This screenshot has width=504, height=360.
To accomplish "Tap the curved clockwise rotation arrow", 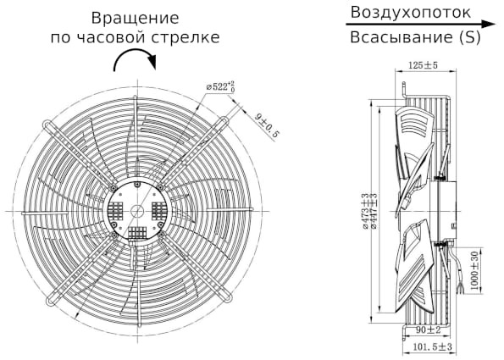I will pos(136,61).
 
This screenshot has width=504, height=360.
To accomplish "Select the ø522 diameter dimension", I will pos(226,85).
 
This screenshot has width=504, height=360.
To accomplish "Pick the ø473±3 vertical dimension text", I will pos(365,212).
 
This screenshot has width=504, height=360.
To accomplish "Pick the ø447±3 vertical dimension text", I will pos(374,212).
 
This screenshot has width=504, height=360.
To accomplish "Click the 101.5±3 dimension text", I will pos(434,347).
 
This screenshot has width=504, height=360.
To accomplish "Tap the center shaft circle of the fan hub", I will pos(136,209).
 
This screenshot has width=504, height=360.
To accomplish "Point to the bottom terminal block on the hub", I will pos(136,231).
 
